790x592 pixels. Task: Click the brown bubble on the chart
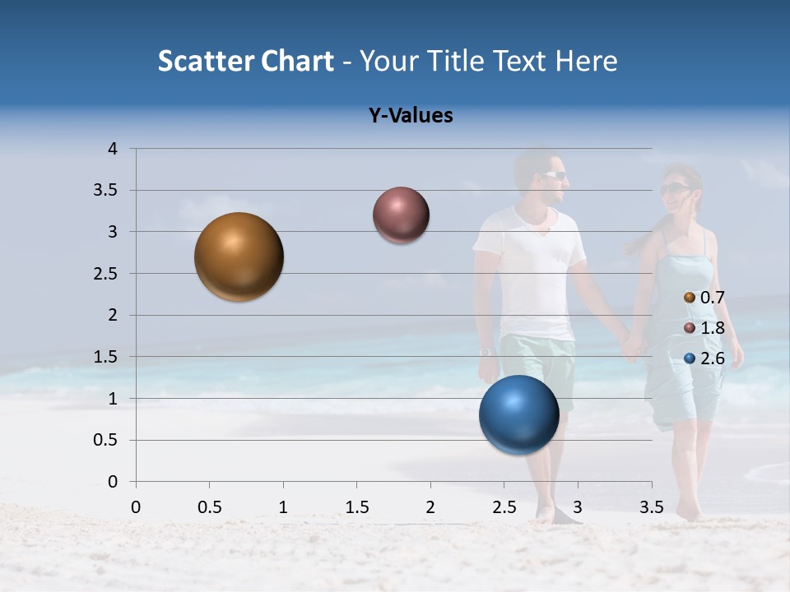(239, 257)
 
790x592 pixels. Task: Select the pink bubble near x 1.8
(401, 215)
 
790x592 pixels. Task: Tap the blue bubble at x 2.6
(518, 414)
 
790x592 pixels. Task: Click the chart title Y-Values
(410, 116)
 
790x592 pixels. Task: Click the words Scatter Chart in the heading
(245, 61)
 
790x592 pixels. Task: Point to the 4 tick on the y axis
(113, 149)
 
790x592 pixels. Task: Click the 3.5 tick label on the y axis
(106, 190)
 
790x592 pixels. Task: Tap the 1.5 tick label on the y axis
(106, 357)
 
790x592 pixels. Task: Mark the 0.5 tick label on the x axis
(209, 507)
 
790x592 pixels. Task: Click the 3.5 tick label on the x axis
(651, 507)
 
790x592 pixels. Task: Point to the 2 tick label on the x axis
(430, 507)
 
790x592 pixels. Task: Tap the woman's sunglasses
(674, 189)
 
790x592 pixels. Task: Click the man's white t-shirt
(533, 271)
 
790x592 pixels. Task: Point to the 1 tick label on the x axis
(283, 507)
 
